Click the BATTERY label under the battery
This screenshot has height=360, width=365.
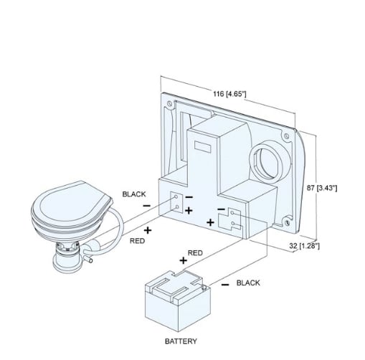click(181, 341)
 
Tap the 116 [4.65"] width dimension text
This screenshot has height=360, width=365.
click(229, 94)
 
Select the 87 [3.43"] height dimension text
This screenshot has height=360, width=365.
click(322, 188)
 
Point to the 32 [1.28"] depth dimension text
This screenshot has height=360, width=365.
click(304, 246)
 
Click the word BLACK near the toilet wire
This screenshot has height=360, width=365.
click(134, 194)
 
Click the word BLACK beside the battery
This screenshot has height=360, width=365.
click(248, 283)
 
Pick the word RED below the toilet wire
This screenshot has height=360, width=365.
click(137, 241)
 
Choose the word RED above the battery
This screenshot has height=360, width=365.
click(195, 253)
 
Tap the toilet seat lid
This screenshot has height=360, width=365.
click(72, 203)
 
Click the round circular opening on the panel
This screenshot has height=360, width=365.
click(270, 162)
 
